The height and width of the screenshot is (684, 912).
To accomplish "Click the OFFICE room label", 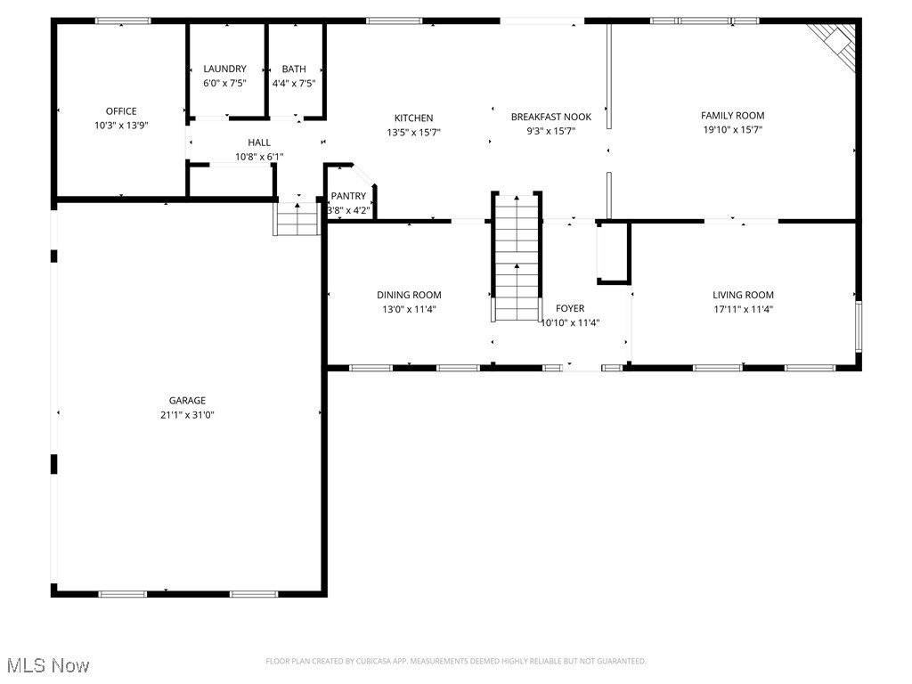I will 121,111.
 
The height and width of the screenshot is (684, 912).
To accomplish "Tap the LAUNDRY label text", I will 224,69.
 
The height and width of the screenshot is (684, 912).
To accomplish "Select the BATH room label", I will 294,69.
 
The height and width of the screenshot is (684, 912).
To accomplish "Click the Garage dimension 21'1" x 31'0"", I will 188,414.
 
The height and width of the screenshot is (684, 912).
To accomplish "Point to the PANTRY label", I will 348,196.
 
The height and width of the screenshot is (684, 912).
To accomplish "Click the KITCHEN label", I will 413,118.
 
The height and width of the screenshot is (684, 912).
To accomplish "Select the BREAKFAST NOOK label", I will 550,117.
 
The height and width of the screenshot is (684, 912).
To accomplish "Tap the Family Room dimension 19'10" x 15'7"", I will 732,129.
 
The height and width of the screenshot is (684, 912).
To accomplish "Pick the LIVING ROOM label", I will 743,295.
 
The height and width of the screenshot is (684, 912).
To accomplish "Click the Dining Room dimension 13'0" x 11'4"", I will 409,309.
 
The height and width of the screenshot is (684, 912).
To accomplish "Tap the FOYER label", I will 570,308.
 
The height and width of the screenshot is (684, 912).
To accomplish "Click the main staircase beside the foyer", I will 517,258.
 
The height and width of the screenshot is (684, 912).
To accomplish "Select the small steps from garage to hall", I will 297,218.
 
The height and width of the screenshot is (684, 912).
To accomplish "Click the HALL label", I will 259,142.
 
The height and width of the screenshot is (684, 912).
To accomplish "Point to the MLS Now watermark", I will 46,665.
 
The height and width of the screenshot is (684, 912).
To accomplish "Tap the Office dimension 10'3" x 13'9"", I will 121,126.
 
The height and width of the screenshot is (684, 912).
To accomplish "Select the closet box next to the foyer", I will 613,253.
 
